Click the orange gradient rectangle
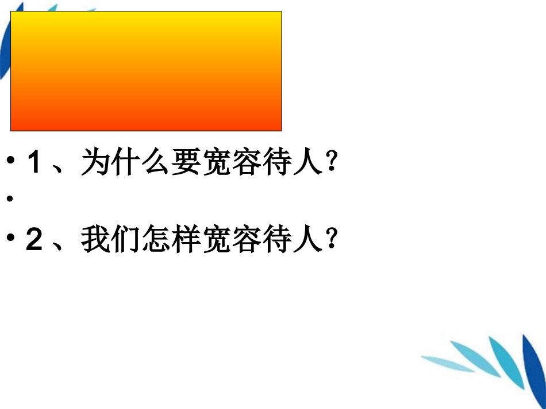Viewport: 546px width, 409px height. pyautogui.click(x=146, y=71)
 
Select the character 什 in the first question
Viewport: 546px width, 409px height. pyautogui.click(x=126, y=162)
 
